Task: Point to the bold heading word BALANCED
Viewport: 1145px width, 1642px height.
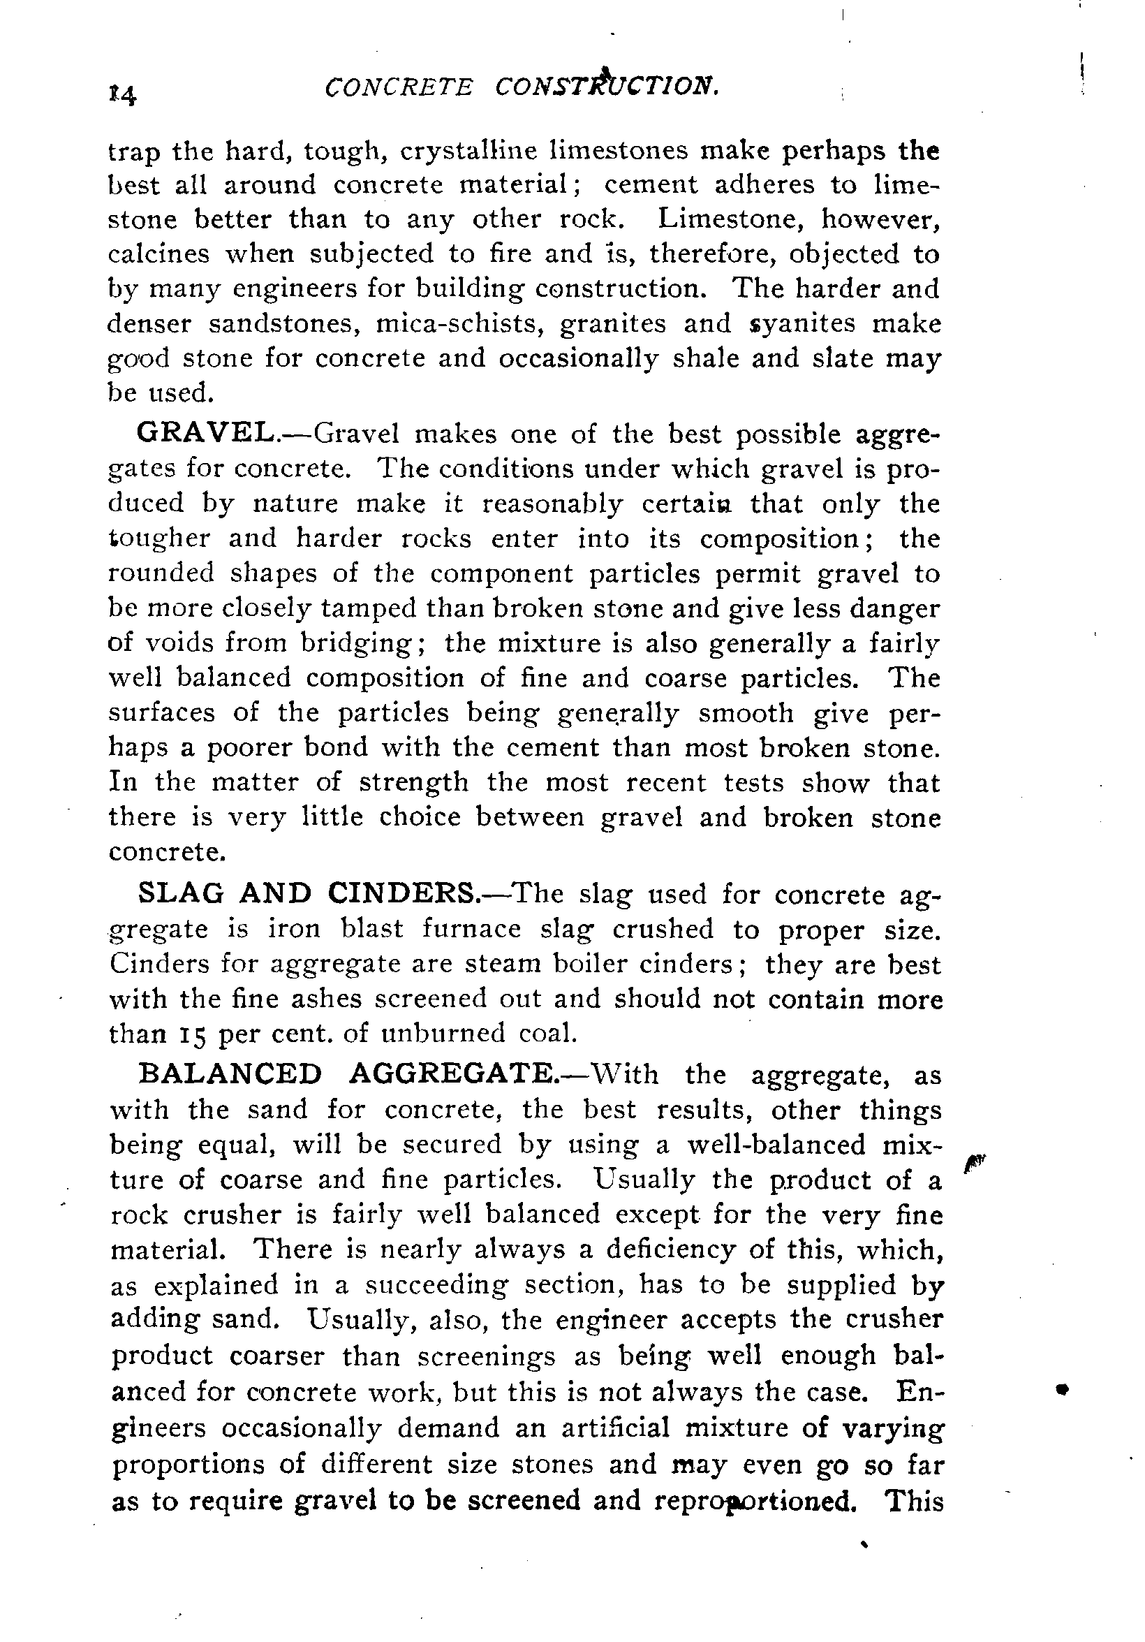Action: pos(230,1074)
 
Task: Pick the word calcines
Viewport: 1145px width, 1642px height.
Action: pos(158,254)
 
